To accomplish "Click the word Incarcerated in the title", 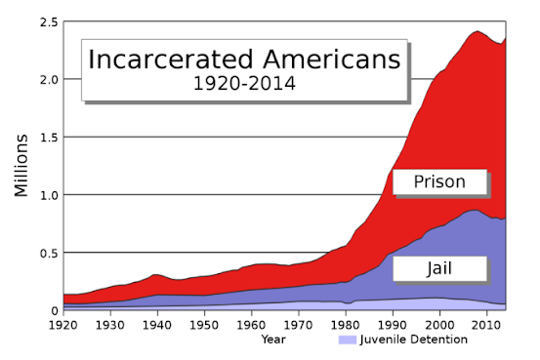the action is click(171, 60).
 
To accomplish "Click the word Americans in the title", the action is click(332, 60).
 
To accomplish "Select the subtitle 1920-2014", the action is click(244, 84).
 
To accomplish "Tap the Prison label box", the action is click(439, 181).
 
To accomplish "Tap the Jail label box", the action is click(439, 268).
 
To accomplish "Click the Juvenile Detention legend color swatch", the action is click(348, 340).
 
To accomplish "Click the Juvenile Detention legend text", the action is click(414, 340).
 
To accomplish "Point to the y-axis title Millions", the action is click(21, 166).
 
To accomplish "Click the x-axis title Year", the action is click(273, 340).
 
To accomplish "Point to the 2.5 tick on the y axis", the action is click(49, 22).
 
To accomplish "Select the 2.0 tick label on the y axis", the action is click(49, 80).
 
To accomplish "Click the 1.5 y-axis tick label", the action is click(49, 138).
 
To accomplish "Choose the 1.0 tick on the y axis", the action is click(49, 195).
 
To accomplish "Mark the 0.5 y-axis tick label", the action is click(49, 254).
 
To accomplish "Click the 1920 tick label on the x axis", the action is click(63, 325).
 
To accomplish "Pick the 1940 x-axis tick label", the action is click(157, 325).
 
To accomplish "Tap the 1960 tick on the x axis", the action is click(251, 325).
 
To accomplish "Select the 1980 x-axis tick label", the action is click(346, 325).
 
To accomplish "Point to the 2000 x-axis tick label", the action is click(439, 325).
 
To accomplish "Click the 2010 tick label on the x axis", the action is click(486, 325).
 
